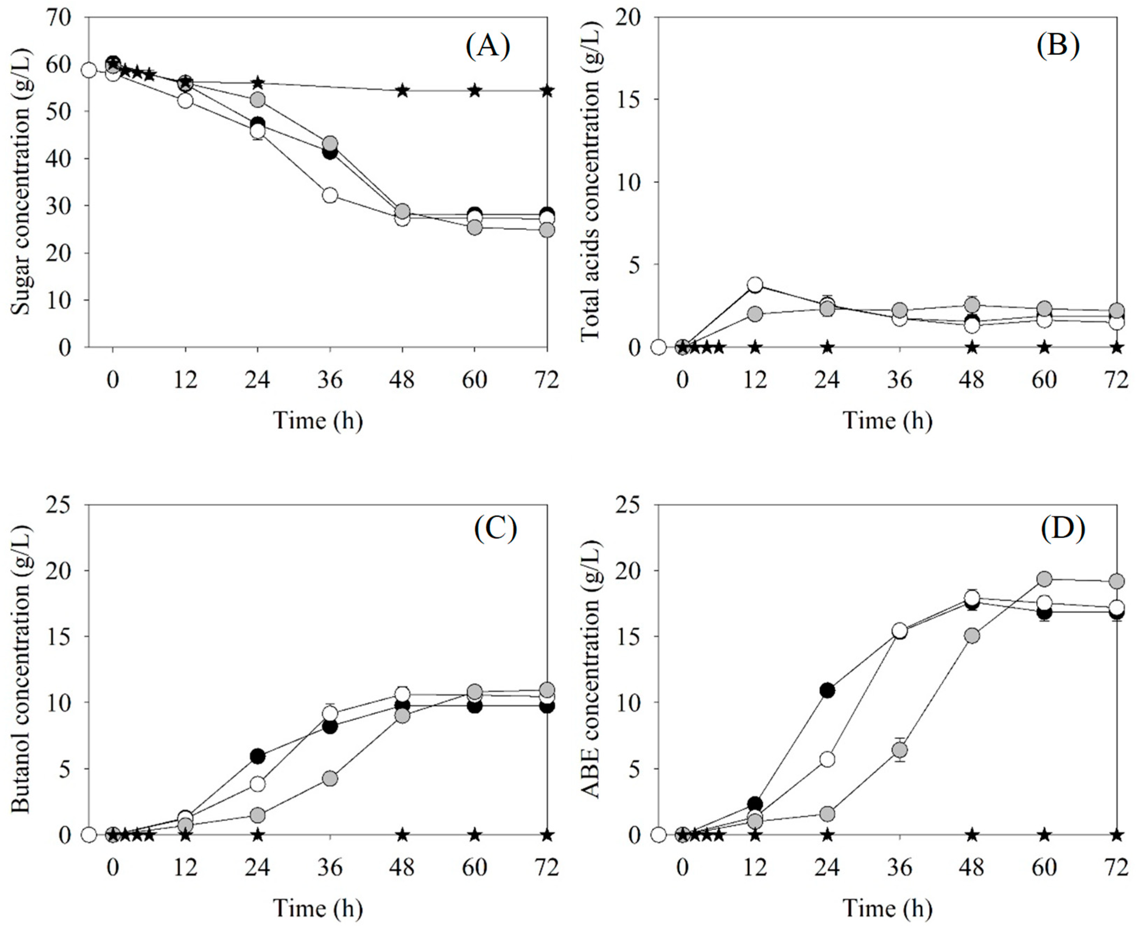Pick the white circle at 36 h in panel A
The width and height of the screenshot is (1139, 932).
coord(330,195)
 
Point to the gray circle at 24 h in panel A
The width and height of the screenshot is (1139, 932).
coord(257,100)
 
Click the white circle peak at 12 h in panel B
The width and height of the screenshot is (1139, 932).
coord(755,285)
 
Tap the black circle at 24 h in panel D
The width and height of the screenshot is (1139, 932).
coord(827,690)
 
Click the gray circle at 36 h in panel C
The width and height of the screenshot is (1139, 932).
coord(330,778)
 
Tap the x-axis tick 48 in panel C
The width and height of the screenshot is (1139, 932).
coord(402,867)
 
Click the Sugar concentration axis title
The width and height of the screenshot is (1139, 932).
coord(21,182)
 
